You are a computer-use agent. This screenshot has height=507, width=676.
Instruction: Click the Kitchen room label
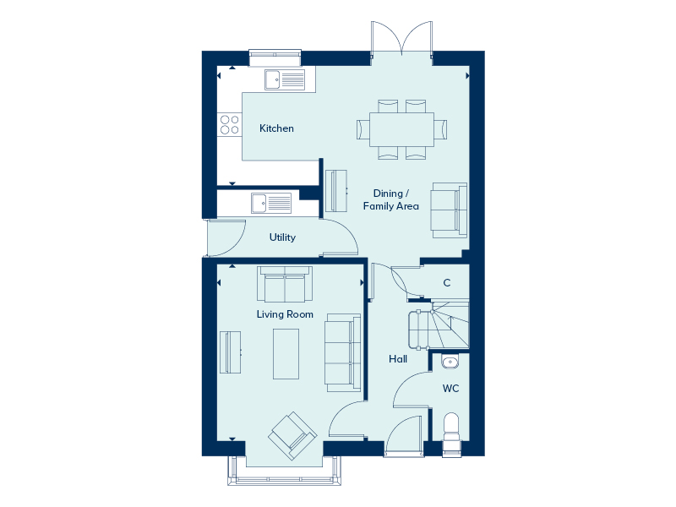tap(276, 128)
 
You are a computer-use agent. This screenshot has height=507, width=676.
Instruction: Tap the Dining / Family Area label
tap(390, 199)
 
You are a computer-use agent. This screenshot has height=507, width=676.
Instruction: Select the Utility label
tap(282, 237)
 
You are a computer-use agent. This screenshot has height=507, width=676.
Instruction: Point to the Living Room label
tap(285, 314)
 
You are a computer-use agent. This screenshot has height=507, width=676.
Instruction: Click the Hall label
tap(398, 358)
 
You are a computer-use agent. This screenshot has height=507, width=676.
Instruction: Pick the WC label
tap(451, 389)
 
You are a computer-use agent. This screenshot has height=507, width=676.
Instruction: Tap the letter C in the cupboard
tap(447, 283)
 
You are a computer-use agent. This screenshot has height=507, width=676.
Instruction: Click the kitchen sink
tap(285, 79)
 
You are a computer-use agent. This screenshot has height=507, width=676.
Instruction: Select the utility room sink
tap(271, 203)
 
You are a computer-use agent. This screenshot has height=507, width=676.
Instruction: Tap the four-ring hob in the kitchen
tap(229, 124)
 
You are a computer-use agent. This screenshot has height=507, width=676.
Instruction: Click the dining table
tap(402, 129)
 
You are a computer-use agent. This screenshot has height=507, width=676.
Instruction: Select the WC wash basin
tap(450, 362)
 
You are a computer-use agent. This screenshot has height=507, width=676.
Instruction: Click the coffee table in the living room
tap(286, 354)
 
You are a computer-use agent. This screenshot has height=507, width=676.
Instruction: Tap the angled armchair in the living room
tap(293, 436)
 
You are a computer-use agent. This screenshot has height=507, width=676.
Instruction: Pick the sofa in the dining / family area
tap(450, 210)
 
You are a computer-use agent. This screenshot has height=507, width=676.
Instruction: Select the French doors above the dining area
tap(402, 38)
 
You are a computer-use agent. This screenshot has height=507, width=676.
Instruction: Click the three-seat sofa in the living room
tap(343, 352)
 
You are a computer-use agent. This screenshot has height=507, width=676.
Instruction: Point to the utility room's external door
tap(226, 238)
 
